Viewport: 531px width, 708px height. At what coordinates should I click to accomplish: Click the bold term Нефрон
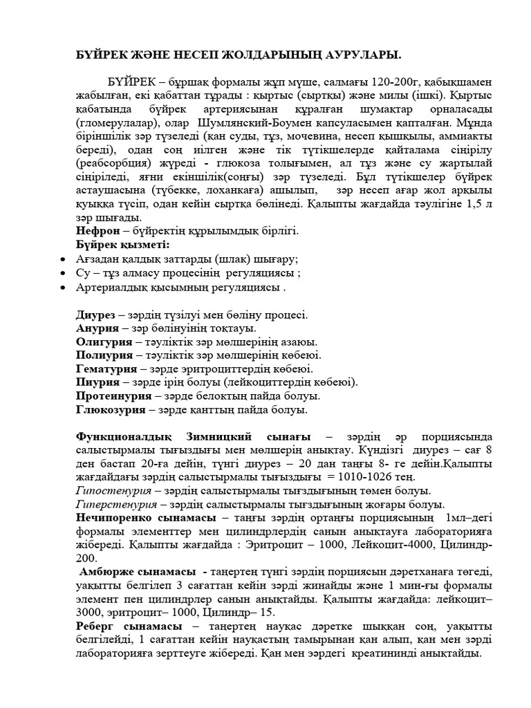97,231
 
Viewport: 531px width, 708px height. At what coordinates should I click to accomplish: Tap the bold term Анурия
97,328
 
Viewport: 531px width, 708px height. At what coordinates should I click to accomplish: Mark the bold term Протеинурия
114,396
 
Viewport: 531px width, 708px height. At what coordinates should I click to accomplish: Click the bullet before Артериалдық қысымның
64,287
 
